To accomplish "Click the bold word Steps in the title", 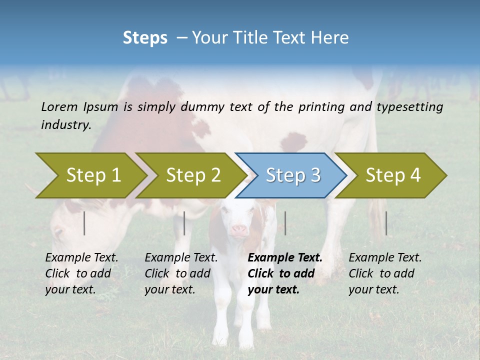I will pyautogui.click(x=145, y=38).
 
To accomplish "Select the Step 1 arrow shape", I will pyautogui.click(x=90, y=175).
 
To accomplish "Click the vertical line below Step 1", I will pyautogui.click(x=84, y=223).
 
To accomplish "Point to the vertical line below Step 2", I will pyautogui.click(x=184, y=223).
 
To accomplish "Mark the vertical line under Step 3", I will pyautogui.click(x=285, y=223).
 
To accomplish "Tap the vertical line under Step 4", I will pyautogui.click(x=386, y=223).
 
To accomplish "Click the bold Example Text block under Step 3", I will pyautogui.click(x=285, y=273).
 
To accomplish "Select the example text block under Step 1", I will pyautogui.click(x=81, y=273).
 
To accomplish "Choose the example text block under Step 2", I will pyautogui.click(x=181, y=273).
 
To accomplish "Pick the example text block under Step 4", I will pyautogui.click(x=385, y=273).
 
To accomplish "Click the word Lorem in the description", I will pyautogui.click(x=59, y=107).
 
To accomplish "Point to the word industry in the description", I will pyautogui.click(x=65, y=125).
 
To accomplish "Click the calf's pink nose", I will pyautogui.click(x=239, y=230).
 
